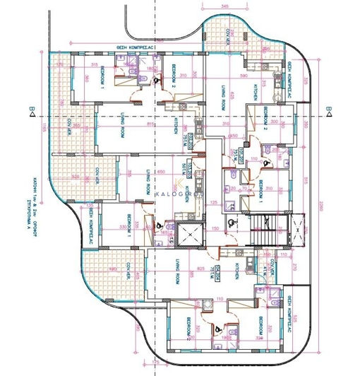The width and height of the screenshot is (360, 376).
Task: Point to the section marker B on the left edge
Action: point(32,110)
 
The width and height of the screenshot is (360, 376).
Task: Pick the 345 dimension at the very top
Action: point(224,6)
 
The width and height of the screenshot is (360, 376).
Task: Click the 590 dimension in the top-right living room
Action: point(244,74)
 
